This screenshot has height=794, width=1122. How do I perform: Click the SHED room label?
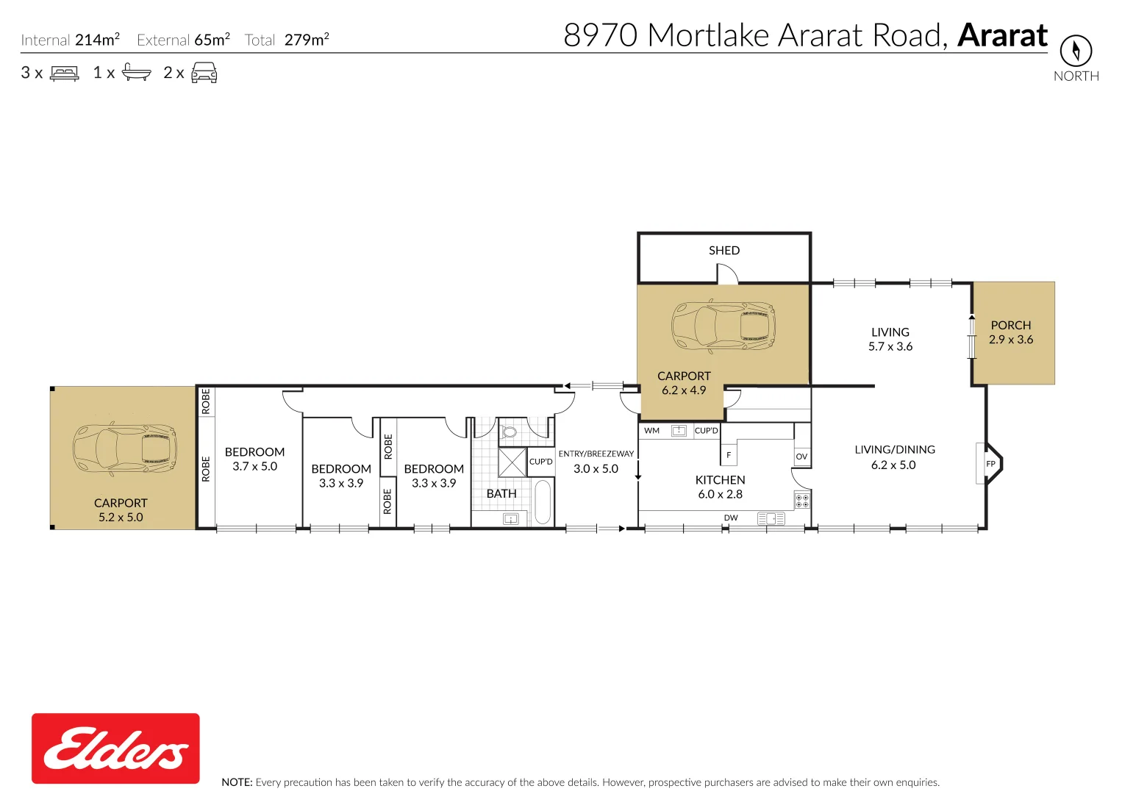click(724, 251)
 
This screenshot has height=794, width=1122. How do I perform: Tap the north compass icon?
click(1076, 51)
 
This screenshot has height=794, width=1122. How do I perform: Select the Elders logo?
click(115, 748)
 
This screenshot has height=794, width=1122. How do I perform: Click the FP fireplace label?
click(990, 464)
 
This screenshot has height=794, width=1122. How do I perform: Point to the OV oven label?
click(801, 457)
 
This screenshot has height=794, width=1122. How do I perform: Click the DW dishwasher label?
click(731, 518)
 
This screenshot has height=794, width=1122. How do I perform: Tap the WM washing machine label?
click(651, 431)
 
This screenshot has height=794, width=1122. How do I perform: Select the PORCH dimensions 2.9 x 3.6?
click(1011, 340)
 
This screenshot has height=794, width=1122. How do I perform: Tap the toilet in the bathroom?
click(509, 431)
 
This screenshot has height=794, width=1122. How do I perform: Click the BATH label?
click(501, 494)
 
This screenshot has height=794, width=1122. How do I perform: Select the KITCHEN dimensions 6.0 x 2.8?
click(721, 495)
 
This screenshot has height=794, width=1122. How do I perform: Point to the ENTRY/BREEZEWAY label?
click(596, 454)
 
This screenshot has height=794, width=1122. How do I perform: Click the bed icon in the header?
click(64, 74)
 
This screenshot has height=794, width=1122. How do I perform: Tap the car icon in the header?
click(204, 73)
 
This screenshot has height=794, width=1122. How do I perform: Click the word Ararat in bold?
click(1003, 35)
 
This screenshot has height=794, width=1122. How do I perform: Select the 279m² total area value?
click(307, 40)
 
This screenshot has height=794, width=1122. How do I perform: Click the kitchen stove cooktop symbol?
click(802, 501)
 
